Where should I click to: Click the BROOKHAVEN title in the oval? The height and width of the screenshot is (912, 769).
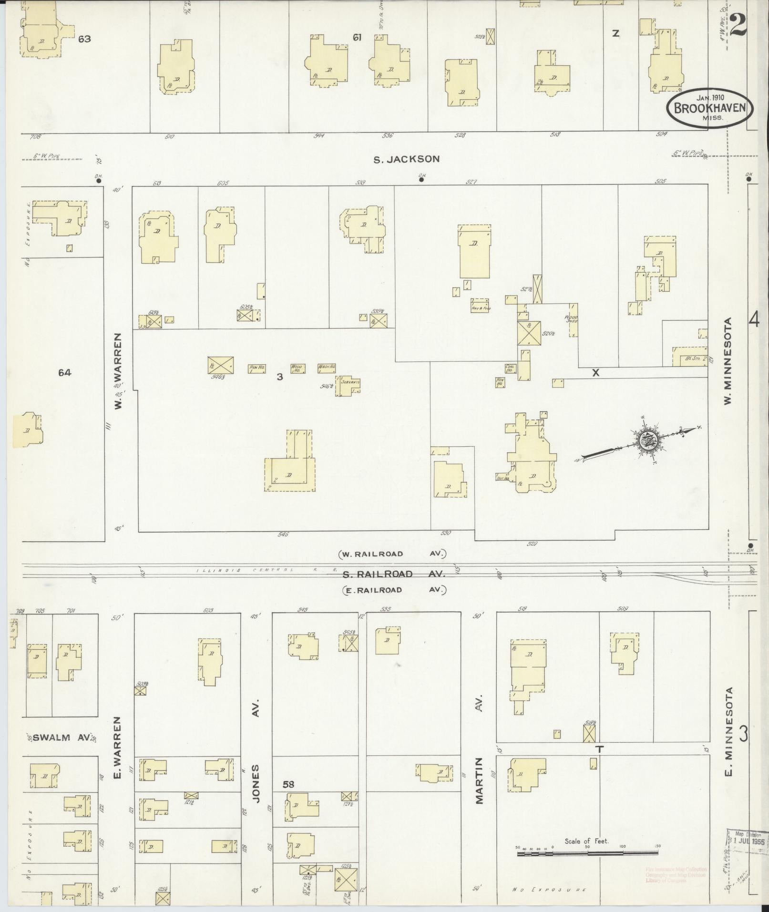(709, 108)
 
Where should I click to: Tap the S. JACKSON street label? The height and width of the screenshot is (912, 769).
(406, 159)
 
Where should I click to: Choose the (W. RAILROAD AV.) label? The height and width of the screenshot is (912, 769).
(392, 554)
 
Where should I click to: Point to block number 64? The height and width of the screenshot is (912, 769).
(64, 372)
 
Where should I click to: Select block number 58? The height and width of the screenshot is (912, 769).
(288, 784)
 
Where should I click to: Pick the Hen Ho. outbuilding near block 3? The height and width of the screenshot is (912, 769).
(256, 368)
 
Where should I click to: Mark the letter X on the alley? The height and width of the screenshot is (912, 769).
(595, 373)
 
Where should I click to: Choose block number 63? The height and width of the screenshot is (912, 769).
(84, 39)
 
